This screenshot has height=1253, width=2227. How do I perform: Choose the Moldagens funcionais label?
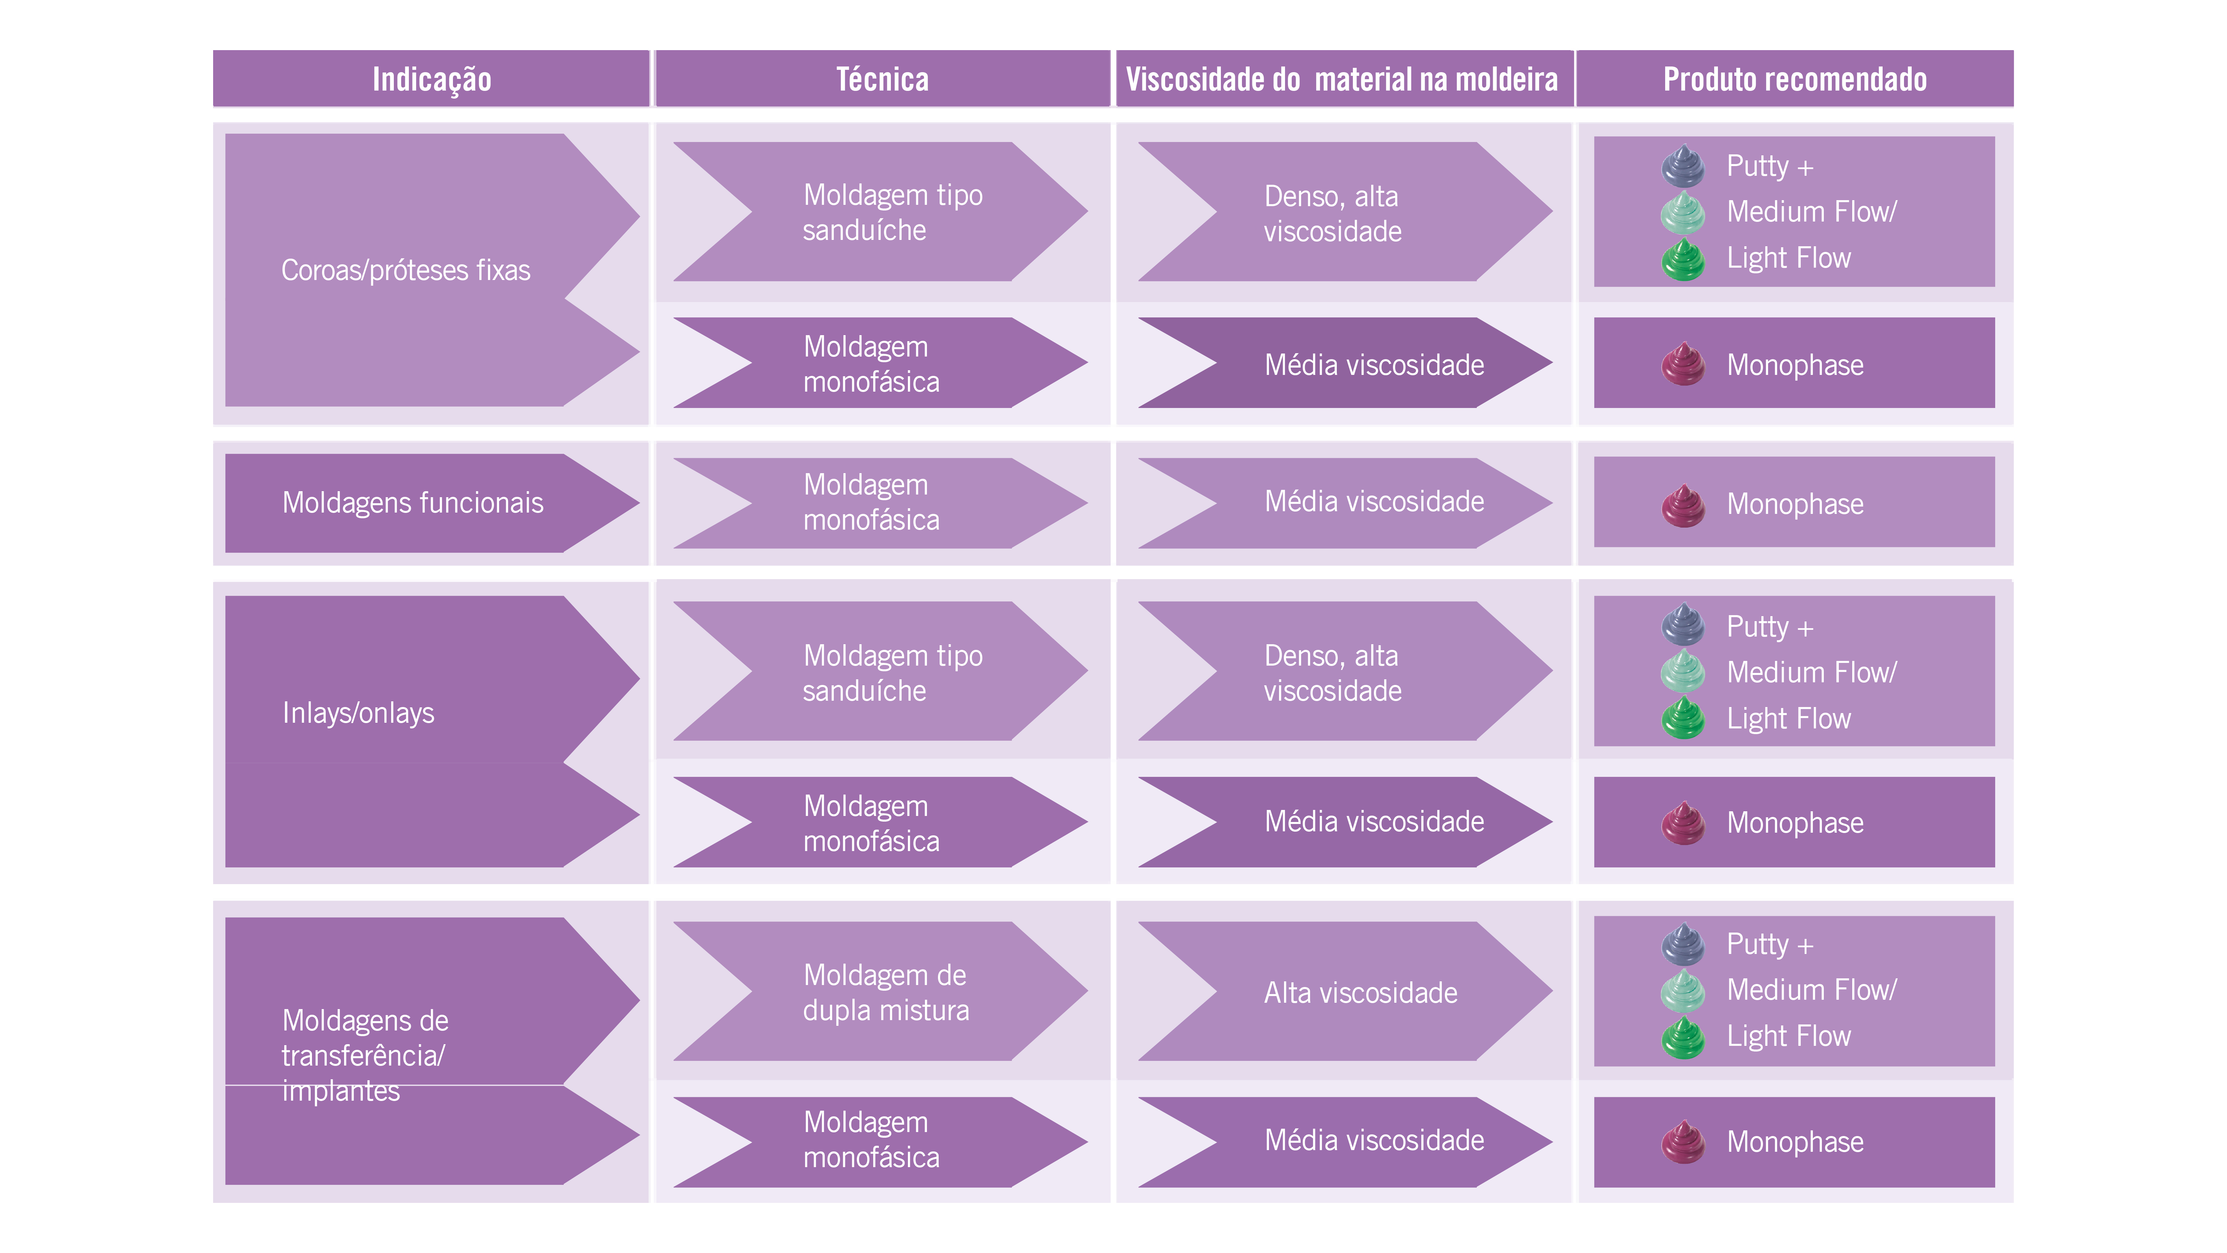[x=413, y=503]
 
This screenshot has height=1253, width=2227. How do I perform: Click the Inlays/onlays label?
[x=358, y=713]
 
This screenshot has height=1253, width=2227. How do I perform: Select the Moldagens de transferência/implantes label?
[x=365, y=1055]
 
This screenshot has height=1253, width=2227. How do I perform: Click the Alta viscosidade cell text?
[x=1360, y=993]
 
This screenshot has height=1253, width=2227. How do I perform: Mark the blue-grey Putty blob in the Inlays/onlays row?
[x=1682, y=624]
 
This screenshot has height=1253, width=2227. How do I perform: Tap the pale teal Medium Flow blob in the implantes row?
[x=1682, y=990]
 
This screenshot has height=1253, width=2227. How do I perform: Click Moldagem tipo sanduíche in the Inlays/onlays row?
[x=892, y=673]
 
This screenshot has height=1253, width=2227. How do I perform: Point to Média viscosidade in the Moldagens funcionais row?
[x=1374, y=502]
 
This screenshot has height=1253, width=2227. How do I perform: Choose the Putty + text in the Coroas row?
[x=1769, y=166]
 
